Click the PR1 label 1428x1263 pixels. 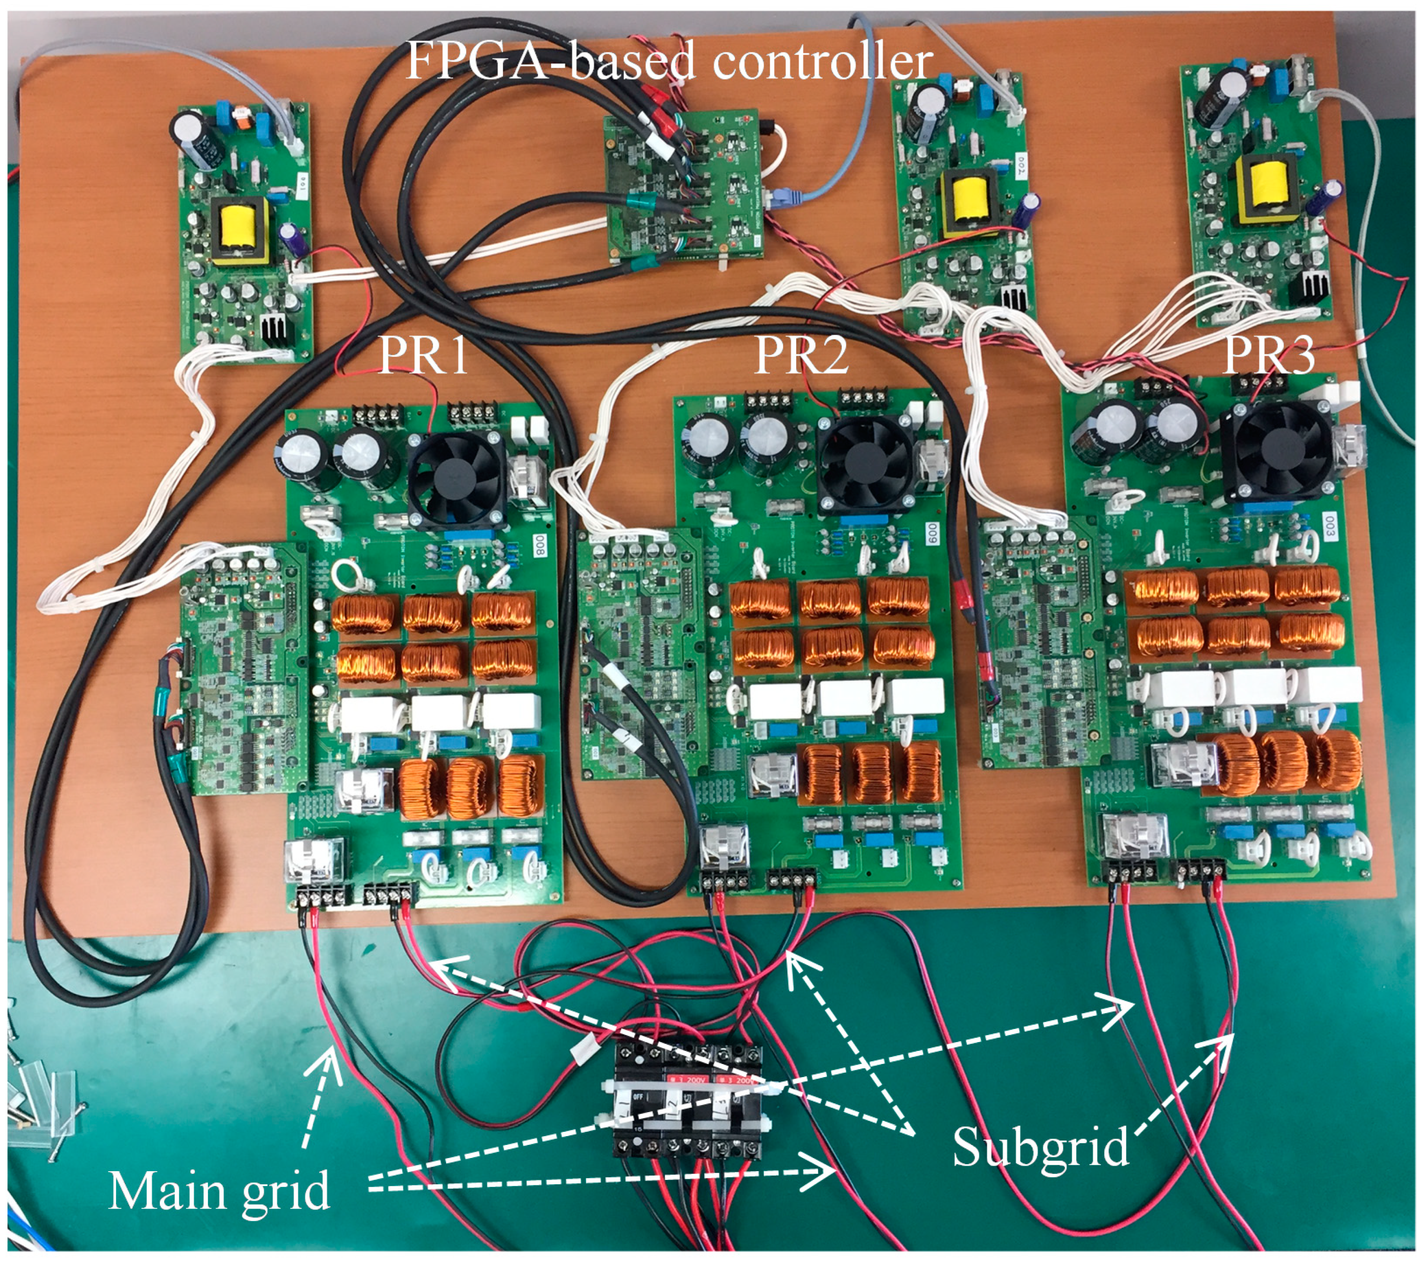(x=423, y=355)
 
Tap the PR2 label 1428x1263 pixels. (x=802, y=355)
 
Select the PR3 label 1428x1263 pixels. (x=1269, y=355)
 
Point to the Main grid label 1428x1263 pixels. (x=219, y=1190)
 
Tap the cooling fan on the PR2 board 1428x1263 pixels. (x=864, y=463)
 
